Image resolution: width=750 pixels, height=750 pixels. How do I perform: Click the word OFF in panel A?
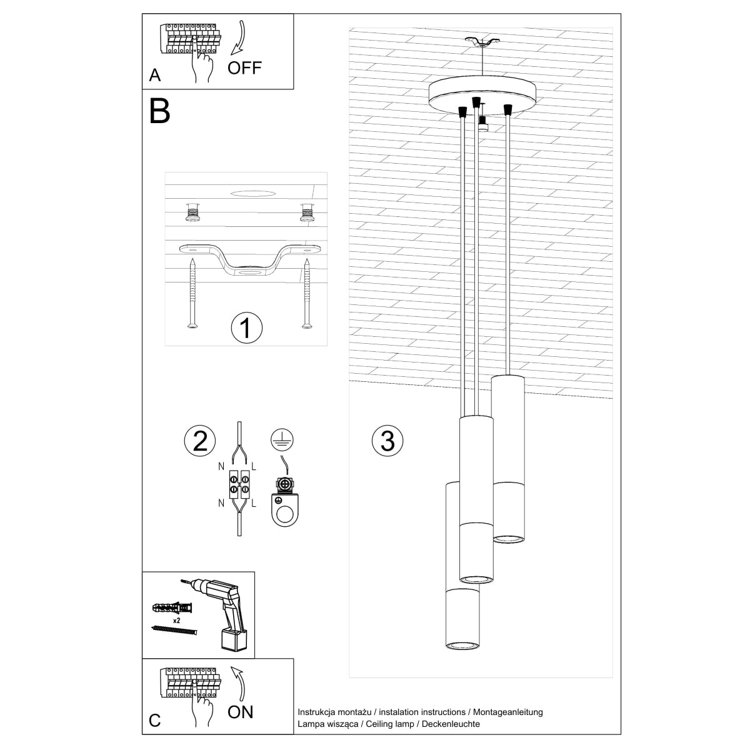pos(244,67)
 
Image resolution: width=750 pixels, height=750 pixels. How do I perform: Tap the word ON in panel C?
pos(241,711)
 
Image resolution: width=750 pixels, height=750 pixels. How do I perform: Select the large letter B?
pos(160,111)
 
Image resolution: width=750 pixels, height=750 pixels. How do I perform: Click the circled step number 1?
pos(246,328)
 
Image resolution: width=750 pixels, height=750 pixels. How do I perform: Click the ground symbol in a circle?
pos(282,440)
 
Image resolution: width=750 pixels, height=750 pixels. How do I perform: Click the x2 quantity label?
pos(177,621)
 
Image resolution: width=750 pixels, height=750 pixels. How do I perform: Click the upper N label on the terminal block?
pos(221,466)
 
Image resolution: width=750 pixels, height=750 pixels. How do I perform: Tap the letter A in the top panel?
pos(155,76)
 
